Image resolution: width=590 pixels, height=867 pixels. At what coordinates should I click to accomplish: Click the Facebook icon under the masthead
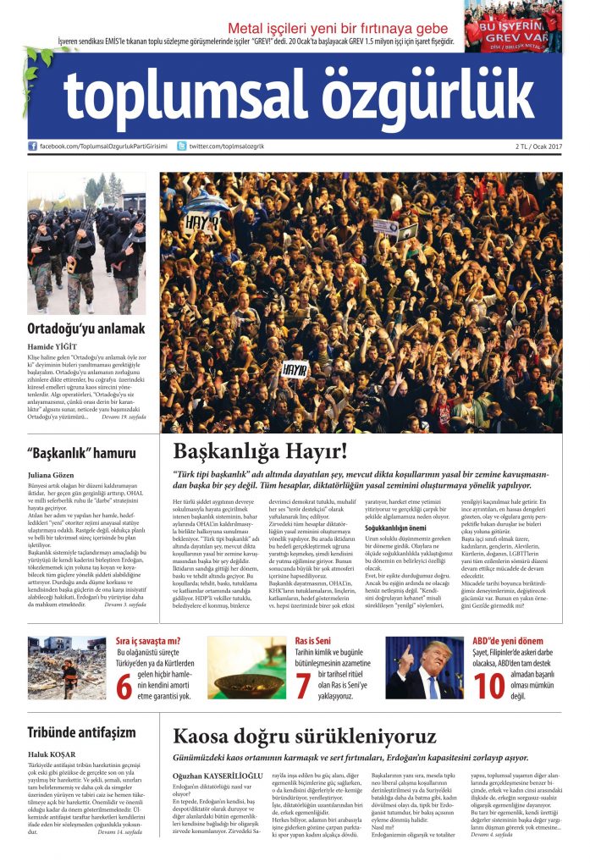32,146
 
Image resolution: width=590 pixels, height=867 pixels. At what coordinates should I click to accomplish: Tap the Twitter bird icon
182,146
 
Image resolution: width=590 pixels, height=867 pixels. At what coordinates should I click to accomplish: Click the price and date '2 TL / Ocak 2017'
538,146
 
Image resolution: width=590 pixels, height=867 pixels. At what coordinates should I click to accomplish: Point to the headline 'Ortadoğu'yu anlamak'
85,329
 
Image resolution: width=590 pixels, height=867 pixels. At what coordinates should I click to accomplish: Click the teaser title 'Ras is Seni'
312,641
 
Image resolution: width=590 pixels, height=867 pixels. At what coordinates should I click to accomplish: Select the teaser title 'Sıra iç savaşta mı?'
148,641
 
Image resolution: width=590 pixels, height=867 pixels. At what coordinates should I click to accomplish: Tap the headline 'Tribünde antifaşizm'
82,732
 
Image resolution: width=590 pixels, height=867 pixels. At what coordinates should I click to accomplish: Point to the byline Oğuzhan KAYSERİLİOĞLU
218,774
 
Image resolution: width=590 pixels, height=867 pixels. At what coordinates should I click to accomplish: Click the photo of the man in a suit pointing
424,668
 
